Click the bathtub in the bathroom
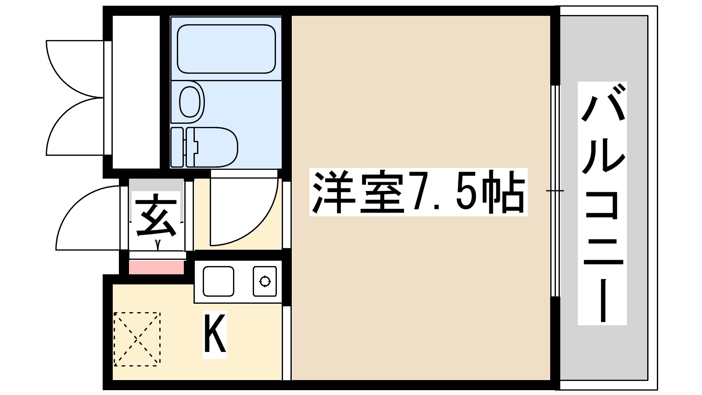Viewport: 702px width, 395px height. coord(226,49)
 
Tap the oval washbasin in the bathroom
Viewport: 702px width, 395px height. coord(190,102)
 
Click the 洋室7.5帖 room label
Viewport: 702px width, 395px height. coord(418,192)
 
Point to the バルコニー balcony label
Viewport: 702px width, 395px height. coord(602,203)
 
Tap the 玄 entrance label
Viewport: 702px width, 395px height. coord(156,217)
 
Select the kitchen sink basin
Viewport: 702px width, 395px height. coord(218,281)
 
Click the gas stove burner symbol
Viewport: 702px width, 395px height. coord(265,281)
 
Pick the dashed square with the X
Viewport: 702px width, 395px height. coord(137,339)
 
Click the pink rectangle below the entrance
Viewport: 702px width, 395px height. coord(156,267)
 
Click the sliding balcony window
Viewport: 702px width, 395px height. coord(555,191)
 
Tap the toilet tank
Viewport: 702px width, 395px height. coord(177,147)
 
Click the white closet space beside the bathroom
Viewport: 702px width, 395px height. coord(136,92)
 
